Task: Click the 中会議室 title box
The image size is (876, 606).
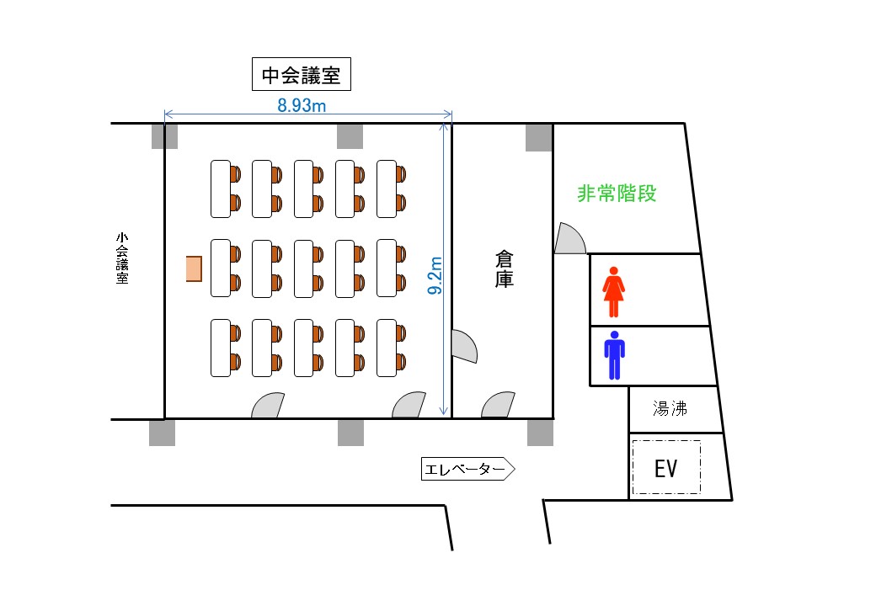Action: coord(302,74)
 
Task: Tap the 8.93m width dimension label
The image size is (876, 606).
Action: coord(302,105)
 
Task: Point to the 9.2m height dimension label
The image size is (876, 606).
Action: coord(435,275)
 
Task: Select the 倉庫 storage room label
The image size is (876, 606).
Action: coord(504,269)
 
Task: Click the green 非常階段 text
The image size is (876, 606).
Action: coord(617,194)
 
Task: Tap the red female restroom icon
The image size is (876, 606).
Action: coord(613,292)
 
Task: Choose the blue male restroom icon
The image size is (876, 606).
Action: coord(615,355)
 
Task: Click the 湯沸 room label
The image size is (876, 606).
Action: coord(670,408)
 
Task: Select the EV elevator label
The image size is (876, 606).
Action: coord(666,469)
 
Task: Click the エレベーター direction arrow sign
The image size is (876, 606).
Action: coord(467,470)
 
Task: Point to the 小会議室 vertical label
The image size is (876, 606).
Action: coord(122,258)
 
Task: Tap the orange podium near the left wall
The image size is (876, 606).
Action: coord(194,269)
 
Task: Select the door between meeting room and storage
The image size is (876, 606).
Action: coord(464,346)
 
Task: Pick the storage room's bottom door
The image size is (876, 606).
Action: coord(499,405)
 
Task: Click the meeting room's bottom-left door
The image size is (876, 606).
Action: coord(268,406)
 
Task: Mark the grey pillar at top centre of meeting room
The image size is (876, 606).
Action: coord(350,136)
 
